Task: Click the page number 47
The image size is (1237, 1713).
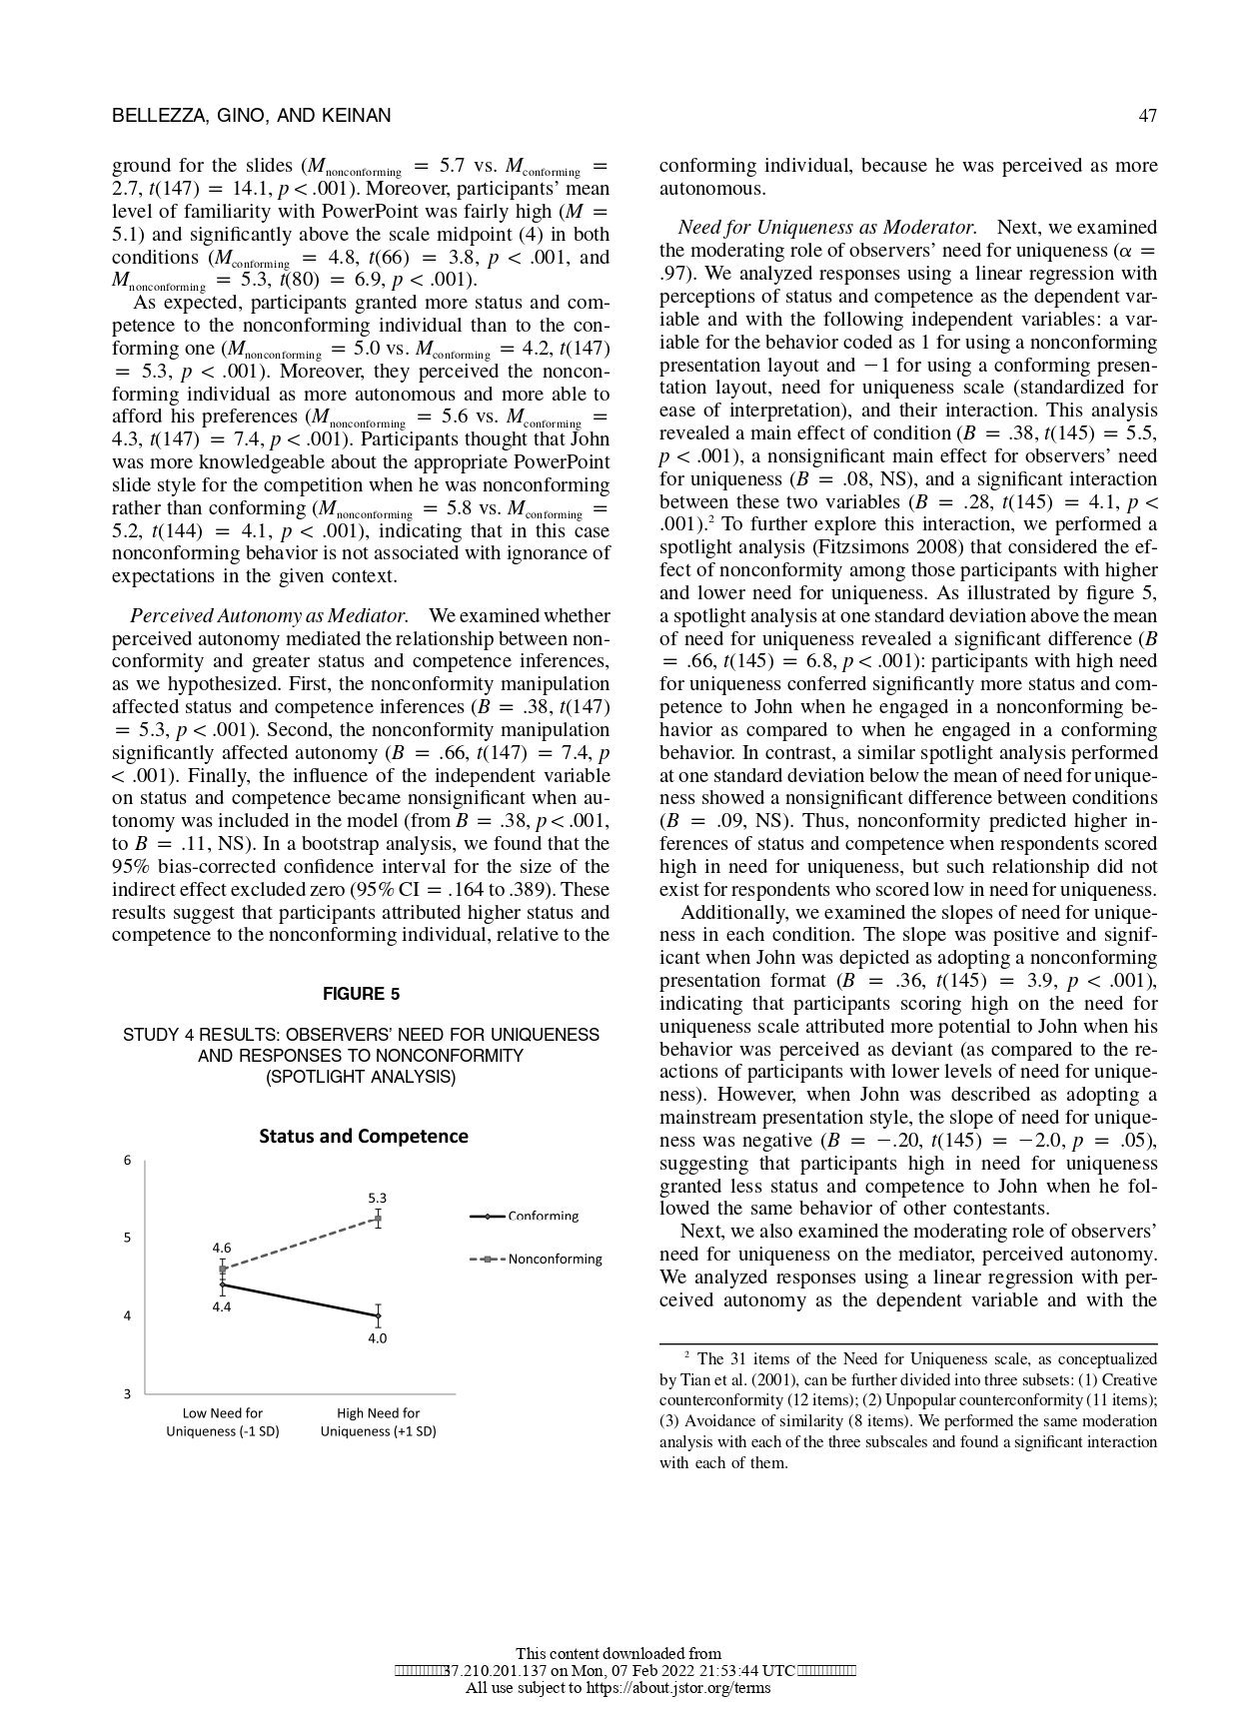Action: click(1147, 116)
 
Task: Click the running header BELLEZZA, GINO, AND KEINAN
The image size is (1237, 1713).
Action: click(251, 116)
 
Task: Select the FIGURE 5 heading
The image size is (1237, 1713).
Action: click(361, 994)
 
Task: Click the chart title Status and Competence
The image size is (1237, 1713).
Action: click(364, 1136)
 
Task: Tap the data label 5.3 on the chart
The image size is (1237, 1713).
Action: click(377, 1197)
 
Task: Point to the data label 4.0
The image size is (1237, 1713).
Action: click(377, 1338)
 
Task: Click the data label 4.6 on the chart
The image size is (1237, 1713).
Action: click(222, 1248)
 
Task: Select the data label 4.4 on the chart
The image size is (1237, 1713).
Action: click(222, 1305)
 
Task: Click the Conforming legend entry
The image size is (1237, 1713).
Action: click(543, 1216)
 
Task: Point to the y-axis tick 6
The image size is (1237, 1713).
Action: click(127, 1161)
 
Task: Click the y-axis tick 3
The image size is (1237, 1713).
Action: click(127, 1394)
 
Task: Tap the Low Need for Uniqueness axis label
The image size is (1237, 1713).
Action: click(223, 1422)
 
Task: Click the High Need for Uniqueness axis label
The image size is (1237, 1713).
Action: click(378, 1422)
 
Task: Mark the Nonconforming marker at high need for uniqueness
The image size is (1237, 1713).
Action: click(378, 1219)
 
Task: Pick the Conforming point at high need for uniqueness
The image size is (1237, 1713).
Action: click(378, 1316)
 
